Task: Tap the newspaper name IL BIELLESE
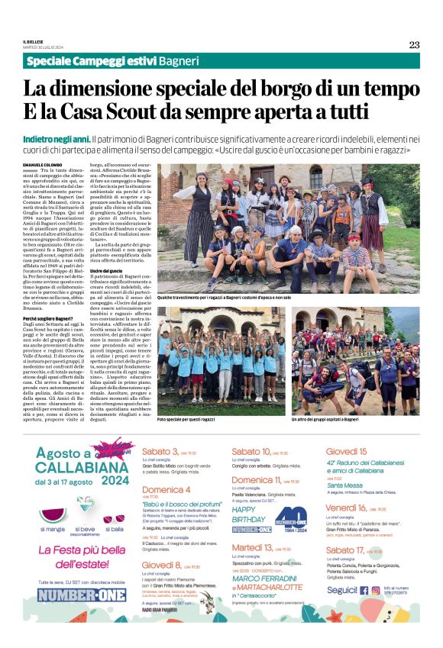34,43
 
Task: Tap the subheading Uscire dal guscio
106,271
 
